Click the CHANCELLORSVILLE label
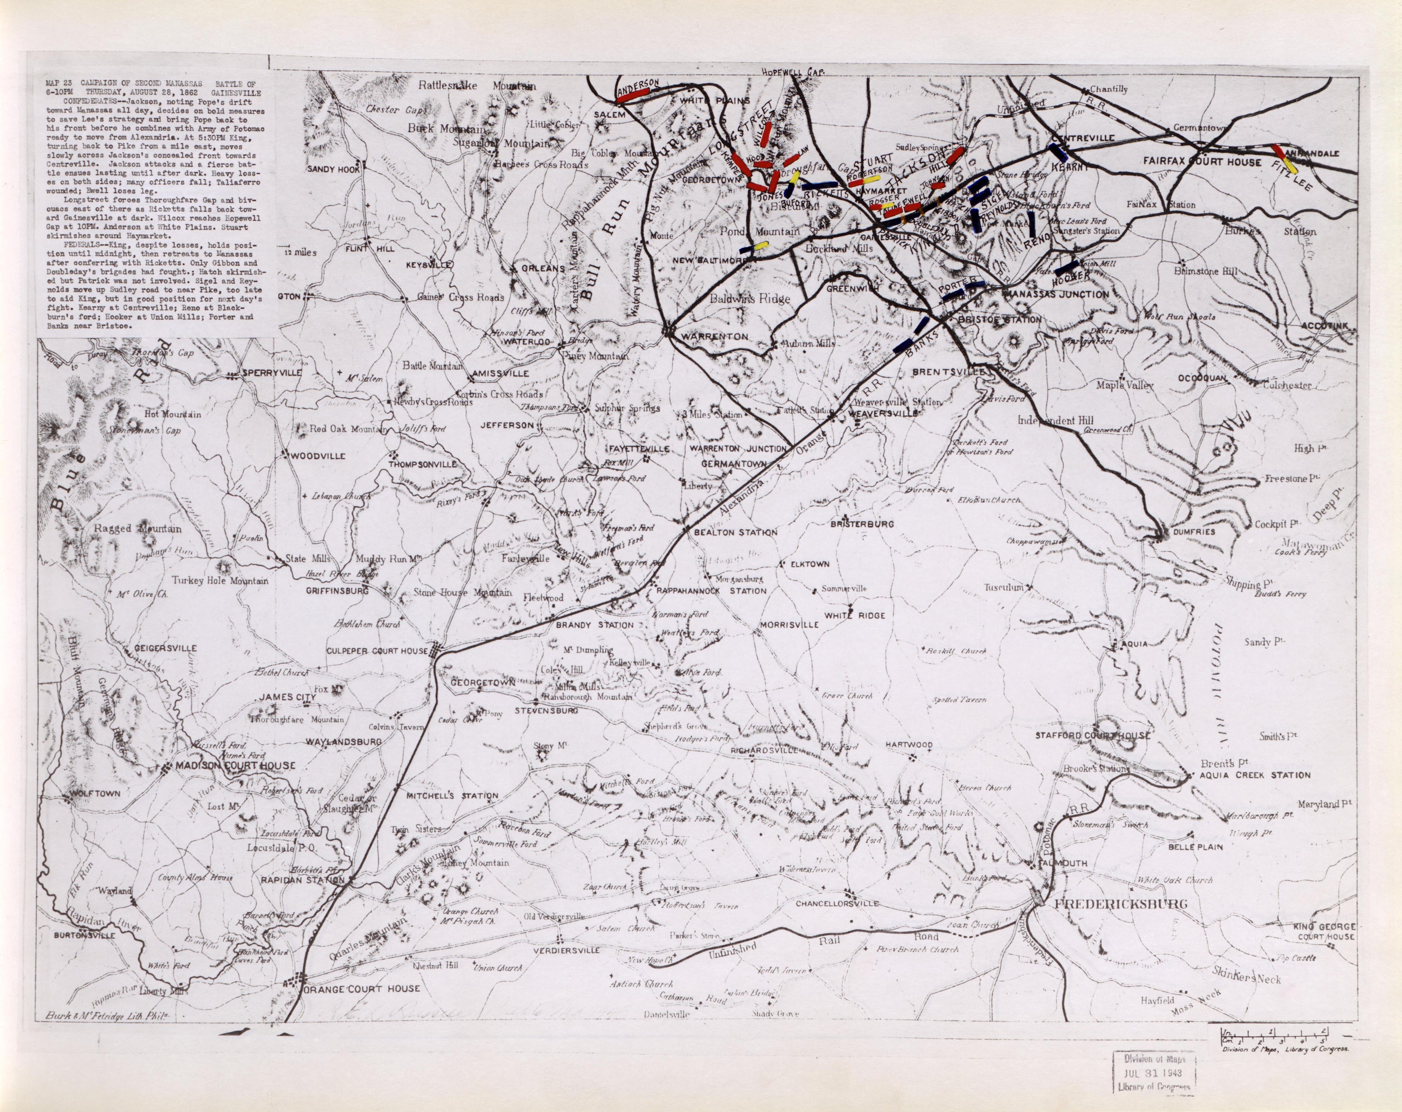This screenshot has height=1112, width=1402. pos(837,903)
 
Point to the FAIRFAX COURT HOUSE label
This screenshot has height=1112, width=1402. pos(1202,161)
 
